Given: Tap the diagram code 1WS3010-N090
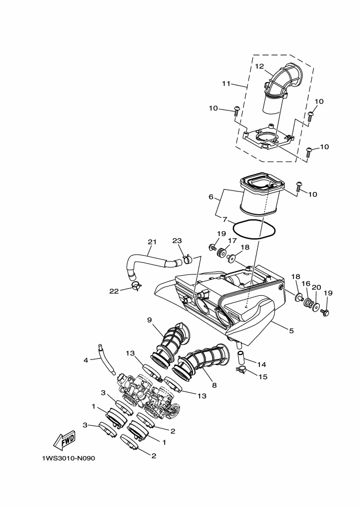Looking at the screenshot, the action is click(69, 458).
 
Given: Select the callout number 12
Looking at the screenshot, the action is click(259, 66).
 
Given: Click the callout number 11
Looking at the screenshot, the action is click(226, 83).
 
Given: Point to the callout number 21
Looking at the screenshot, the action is click(152, 242).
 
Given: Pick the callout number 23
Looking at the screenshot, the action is click(177, 241).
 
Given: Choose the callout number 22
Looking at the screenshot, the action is click(114, 291).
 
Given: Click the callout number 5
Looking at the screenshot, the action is click(291, 331).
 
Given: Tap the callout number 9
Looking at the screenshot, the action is click(150, 320).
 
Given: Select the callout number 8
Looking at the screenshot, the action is click(214, 386).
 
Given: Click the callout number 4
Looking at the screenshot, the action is click(86, 360).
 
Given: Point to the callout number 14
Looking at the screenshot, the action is click(262, 364).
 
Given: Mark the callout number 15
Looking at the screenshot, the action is click(263, 377).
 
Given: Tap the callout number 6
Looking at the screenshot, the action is click(211, 197).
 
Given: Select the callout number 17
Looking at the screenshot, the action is click(232, 241).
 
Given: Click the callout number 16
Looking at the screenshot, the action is click(306, 283).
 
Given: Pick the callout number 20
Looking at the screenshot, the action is click(316, 288).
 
